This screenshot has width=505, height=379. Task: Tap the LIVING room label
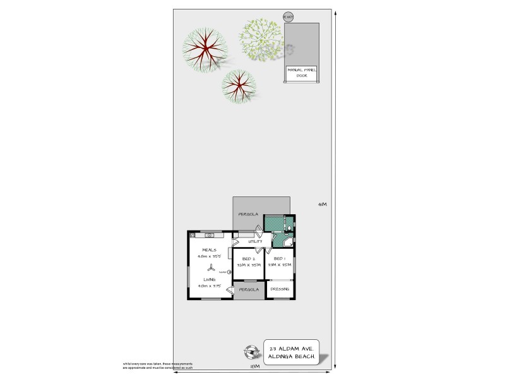click(210, 279)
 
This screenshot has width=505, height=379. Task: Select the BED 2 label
click(248, 259)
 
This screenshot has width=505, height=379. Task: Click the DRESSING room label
click(280, 289)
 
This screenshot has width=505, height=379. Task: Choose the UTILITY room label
click(255, 241)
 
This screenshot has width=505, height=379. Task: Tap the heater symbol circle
click(230, 272)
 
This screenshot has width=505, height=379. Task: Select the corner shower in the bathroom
click(288, 241)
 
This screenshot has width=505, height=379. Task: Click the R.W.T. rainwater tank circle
click(288, 17)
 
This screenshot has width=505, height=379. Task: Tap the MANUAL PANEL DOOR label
click(302, 72)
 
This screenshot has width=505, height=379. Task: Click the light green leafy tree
click(261, 39)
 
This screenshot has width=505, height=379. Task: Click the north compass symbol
click(252, 351)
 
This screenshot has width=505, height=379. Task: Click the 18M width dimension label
click(254, 367)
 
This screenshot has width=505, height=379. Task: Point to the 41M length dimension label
click(322, 204)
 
